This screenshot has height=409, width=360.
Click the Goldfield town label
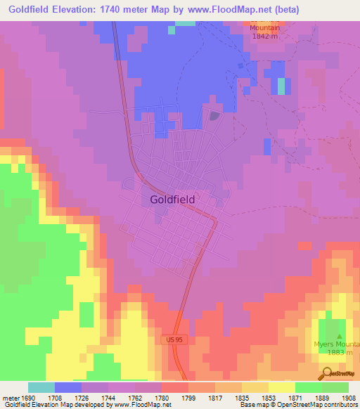click(172, 199)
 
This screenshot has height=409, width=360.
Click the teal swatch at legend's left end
click(41, 387)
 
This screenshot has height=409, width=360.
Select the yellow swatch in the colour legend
click(281, 387)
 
